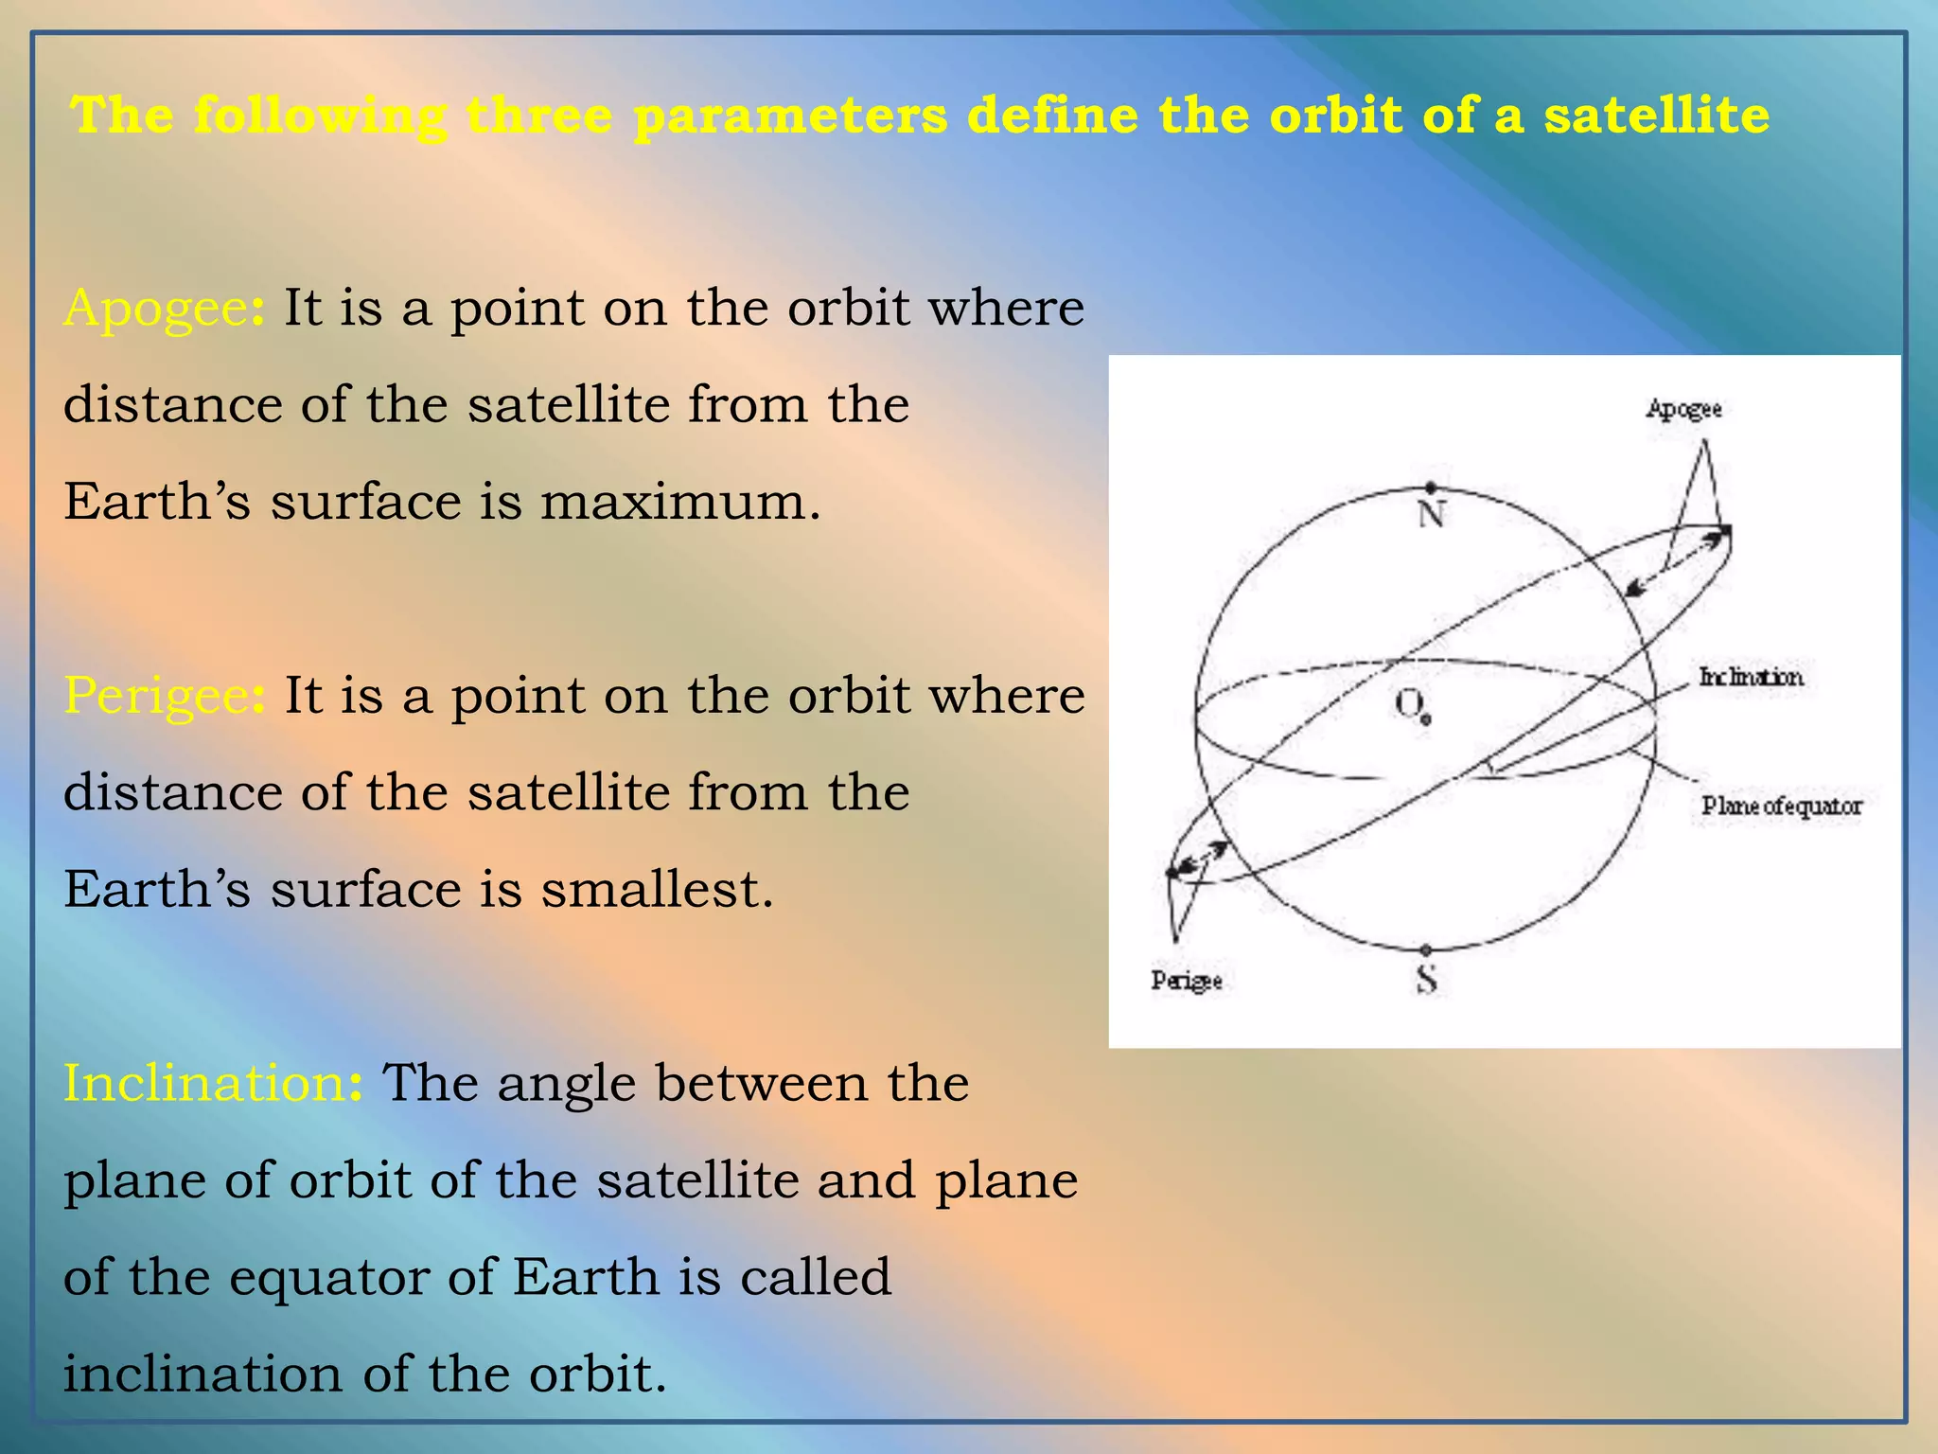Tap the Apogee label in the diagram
click(x=1683, y=410)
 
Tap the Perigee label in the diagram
click(x=1187, y=981)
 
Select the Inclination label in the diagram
click(x=1751, y=678)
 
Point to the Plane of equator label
click(x=1781, y=807)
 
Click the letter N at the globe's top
click(x=1432, y=516)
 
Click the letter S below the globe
click(x=1427, y=979)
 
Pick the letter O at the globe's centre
click(x=1407, y=703)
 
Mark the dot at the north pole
click(x=1431, y=488)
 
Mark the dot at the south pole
click(x=1426, y=949)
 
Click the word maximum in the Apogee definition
click(x=678, y=502)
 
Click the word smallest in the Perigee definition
click(x=656, y=890)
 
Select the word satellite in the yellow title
click(x=1656, y=115)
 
